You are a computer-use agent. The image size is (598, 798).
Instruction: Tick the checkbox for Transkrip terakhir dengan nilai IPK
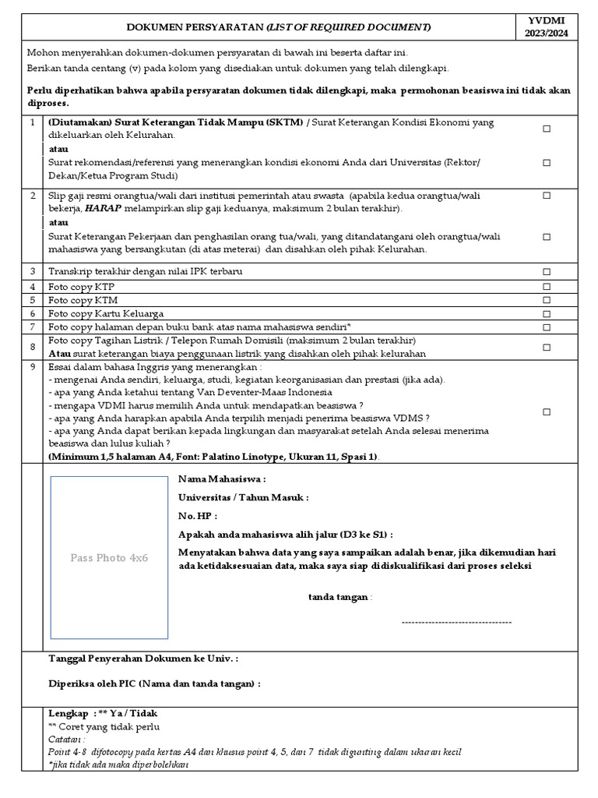(546, 272)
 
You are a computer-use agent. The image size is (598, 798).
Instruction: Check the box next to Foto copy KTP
(546, 287)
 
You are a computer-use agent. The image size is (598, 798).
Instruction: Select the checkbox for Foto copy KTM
(546, 300)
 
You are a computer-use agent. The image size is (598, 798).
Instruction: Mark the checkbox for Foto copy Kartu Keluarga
(546, 314)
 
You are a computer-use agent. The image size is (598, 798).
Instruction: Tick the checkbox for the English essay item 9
(546, 411)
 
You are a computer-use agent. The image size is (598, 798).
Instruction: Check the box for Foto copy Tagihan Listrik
(546, 348)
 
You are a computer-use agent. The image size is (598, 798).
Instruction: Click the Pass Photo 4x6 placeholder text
(109, 558)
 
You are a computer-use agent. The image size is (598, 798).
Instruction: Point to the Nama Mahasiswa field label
(222, 479)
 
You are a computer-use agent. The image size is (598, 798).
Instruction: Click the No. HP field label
(197, 516)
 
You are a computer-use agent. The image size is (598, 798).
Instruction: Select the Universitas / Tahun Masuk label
(243, 497)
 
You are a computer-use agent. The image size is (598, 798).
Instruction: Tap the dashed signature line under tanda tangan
(456, 622)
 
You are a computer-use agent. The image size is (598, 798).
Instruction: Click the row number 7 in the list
(33, 327)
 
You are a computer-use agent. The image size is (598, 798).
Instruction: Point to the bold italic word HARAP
(102, 210)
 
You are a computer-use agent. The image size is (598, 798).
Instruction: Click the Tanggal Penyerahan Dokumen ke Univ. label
(143, 659)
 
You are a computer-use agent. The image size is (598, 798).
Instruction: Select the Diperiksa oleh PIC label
(154, 683)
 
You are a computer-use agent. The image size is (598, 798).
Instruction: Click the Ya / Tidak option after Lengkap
(132, 713)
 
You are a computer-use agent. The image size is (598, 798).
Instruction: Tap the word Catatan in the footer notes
(66, 739)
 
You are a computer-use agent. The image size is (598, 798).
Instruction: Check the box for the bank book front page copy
(546, 328)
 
